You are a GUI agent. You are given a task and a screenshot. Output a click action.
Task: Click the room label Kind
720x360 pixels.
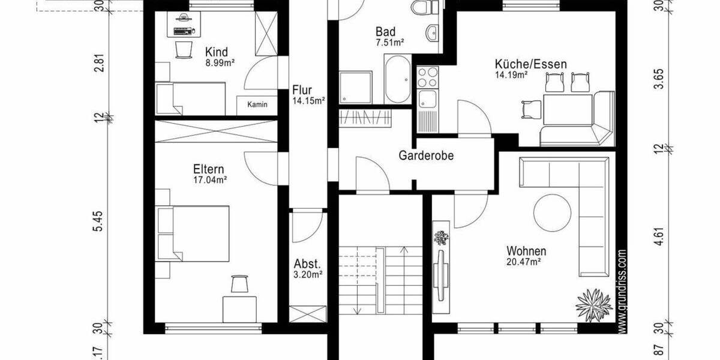[216, 51]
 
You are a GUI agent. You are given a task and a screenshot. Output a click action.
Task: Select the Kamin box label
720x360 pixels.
[257, 105]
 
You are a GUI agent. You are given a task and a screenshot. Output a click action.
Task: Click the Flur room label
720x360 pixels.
[302, 91]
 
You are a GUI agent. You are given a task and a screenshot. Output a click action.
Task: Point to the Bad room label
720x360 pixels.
[385, 31]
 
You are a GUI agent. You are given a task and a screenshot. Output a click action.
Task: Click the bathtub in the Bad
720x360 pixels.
[397, 79]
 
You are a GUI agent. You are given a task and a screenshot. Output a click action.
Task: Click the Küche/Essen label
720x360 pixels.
[530, 64]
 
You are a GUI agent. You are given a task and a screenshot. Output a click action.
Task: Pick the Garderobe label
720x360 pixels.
[426, 156]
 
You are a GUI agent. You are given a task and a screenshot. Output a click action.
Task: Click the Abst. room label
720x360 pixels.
[308, 264]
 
